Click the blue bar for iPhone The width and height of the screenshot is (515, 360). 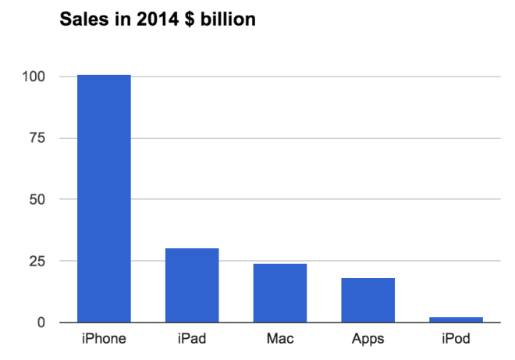pos(104,198)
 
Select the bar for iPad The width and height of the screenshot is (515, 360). pos(192,285)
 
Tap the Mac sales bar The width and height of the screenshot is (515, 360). pos(280,293)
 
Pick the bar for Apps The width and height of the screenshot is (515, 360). pos(368,300)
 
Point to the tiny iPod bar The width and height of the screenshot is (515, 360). pos(456,319)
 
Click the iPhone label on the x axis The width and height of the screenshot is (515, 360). pos(104,340)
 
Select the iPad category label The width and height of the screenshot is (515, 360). pos(192,340)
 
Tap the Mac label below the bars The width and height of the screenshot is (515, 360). pos(280,340)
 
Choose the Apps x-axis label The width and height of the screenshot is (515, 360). pos(368,340)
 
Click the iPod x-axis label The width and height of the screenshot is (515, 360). pos(456,340)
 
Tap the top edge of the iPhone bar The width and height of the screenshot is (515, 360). pos(104,75)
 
